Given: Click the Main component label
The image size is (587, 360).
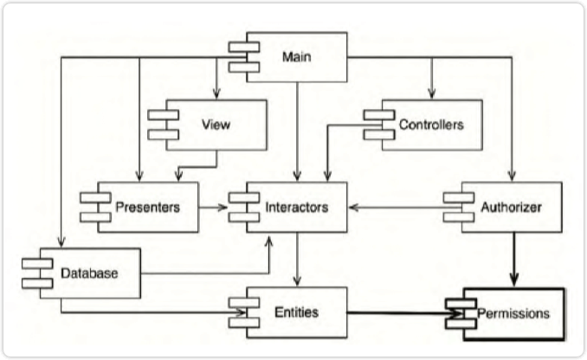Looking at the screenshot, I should click(x=297, y=57).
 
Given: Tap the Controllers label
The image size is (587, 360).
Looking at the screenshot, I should click(x=431, y=125).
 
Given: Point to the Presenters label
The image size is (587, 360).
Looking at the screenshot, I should click(x=147, y=208).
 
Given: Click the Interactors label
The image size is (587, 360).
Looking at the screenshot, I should click(x=296, y=208).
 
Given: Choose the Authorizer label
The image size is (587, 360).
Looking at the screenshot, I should click(x=511, y=208).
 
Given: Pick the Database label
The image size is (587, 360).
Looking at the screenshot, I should click(x=88, y=274).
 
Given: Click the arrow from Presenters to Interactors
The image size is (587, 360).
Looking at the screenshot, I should click(x=213, y=208).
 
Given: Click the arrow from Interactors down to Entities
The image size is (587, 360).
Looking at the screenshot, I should click(x=297, y=260).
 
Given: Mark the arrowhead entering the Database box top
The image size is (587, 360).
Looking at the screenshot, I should click(x=60, y=243).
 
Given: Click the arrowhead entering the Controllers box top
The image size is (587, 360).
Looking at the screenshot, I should click(x=430, y=95).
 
